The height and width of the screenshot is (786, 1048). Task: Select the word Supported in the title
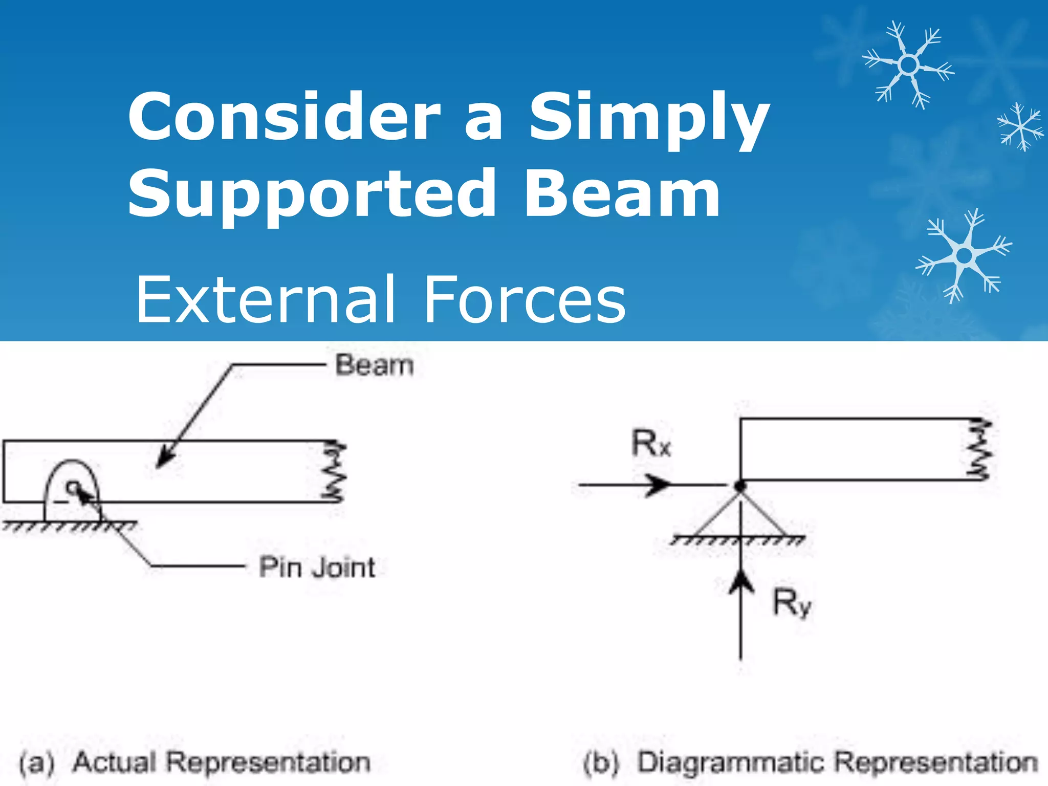pyautogui.click(x=312, y=194)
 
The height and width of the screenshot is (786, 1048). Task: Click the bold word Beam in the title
pyautogui.click(x=622, y=193)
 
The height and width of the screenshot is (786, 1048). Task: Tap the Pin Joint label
pyautogui.click(x=317, y=567)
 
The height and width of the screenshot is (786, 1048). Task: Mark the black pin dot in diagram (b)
pyautogui.click(x=740, y=485)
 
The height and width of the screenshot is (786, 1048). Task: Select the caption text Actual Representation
pyautogui.click(x=222, y=762)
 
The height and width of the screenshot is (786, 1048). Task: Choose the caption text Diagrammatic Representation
pyautogui.click(x=838, y=762)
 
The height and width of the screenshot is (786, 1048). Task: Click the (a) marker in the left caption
pyautogui.click(x=37, y=763)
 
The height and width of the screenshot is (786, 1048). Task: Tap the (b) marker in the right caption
pyautogui.click(x=602, y=763)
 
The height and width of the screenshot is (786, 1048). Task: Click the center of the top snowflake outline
pyautogui.click(x=908, y=65)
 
